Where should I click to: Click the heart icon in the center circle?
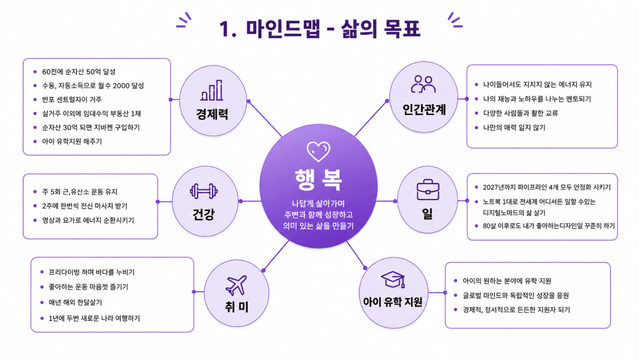[318, 151]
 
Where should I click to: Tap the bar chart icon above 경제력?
[211, 90]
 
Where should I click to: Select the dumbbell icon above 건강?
[204, 191]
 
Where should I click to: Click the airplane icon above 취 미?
[236, 285]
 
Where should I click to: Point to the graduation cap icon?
[393, 279]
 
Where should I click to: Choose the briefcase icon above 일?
[428, 190]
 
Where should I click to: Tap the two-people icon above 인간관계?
[423, 84]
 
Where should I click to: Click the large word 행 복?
[318, 180]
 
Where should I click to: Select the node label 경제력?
[212, 114]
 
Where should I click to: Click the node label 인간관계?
[424, 110]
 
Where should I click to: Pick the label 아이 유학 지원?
[392, 302]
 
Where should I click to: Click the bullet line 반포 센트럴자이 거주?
[72, 99]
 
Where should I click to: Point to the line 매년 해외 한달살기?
[75, 302]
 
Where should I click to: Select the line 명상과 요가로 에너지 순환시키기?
[88, 220]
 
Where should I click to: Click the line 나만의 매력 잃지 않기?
[514, 127]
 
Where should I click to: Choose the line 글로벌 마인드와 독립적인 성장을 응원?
[516, 295]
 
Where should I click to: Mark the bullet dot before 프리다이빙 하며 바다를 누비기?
[42, 272]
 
